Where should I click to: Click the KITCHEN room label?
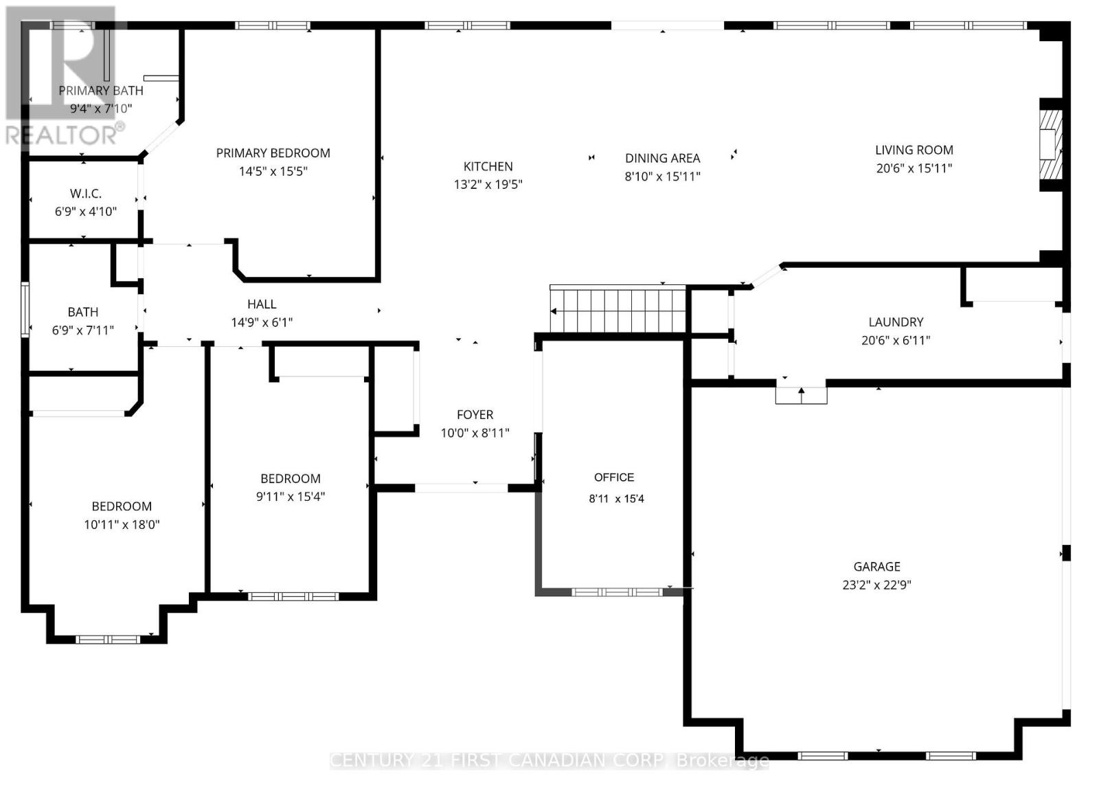coord(488,166)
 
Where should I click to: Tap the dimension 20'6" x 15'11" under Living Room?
coord(914,168)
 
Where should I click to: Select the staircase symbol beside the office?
coord(618,311)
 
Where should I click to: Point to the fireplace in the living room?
coord(1049,145)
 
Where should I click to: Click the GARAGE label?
coord(876,567)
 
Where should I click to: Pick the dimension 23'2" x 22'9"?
coord(876,585)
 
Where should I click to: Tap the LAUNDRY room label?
coord(896,322)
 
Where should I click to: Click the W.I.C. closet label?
coord(86,194)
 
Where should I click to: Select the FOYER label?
coord(475,414)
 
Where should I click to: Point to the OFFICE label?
coord(614,477)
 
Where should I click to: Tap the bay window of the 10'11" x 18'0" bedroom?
coord(107,640)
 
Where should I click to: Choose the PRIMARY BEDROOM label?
coord(273,153)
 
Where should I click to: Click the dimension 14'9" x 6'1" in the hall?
coord(262,322)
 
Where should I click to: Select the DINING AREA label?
coord(662,158)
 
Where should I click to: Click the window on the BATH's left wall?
coord(25,309)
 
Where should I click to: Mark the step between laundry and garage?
coord(801,395)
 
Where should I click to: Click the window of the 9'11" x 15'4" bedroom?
coord(293,596)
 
